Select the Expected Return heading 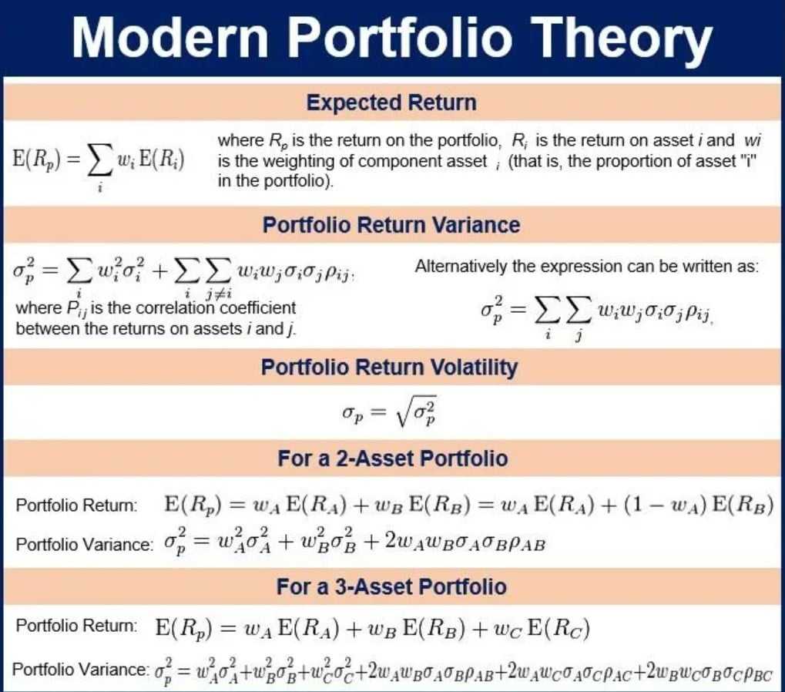pos(391,103)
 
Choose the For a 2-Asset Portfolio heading pos(392,459)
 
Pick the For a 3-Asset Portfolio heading pos(391,586)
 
